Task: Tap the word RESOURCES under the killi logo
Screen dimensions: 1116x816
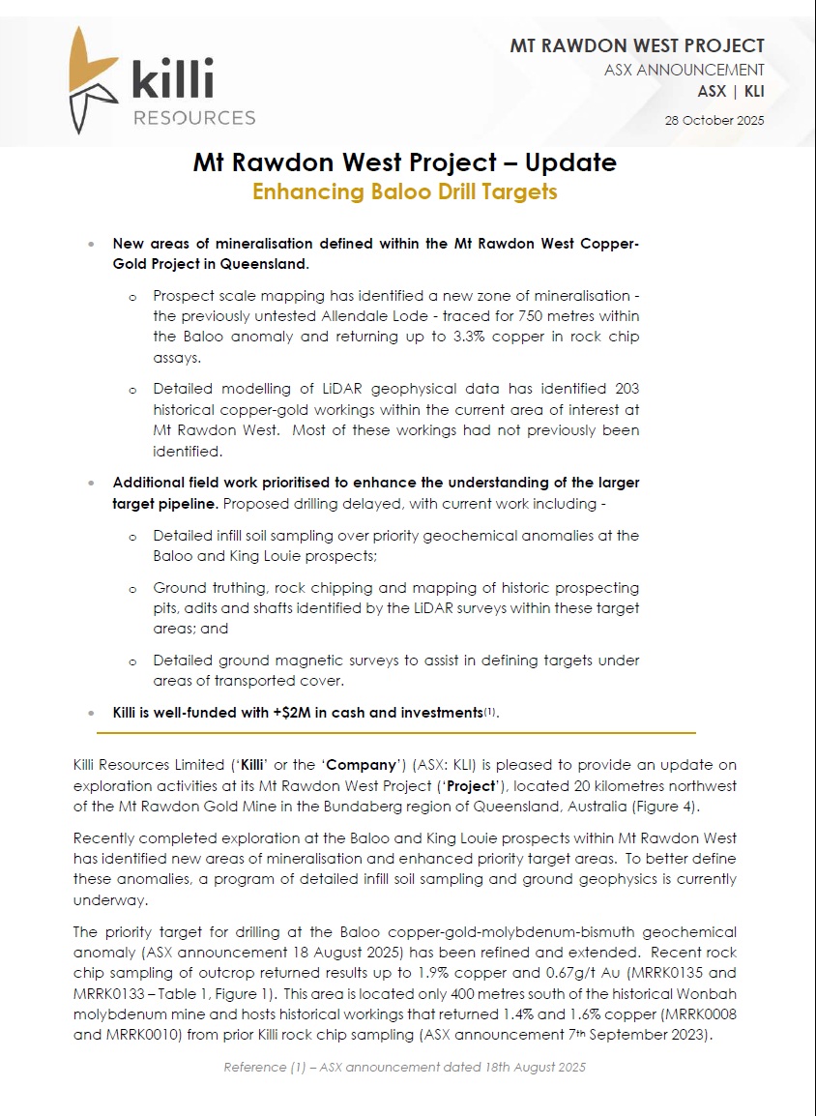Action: (x=193, y=118)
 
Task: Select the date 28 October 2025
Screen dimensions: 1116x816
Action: (x=714, y=121)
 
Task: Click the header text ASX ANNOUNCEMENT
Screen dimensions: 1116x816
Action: (x=685, y=70)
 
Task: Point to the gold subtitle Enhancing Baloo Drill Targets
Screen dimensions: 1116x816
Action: (x=405, y=191)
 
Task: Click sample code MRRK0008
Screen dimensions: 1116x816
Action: (x=692, y=1015)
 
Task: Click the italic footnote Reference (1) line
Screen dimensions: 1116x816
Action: (x=405, y=1068)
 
